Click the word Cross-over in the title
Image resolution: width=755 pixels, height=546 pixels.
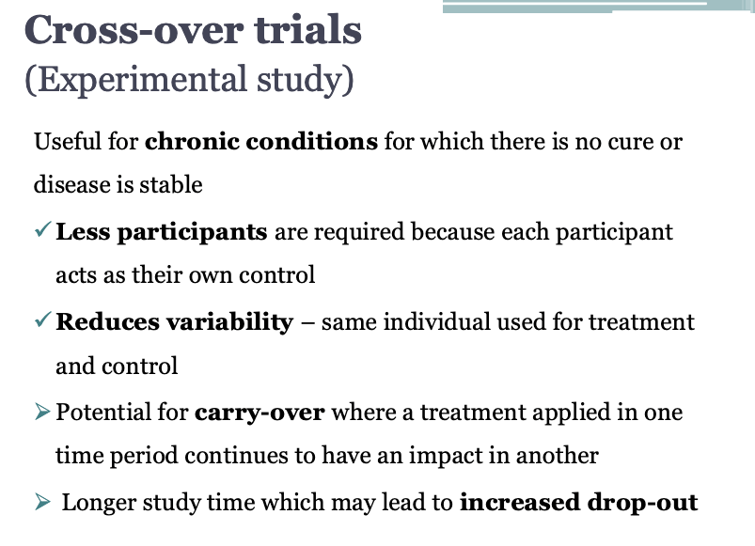click(x=134, y=30)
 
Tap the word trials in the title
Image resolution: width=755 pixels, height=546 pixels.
click(x=308, y=30)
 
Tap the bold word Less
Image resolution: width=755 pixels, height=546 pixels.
click(x=83, y=232)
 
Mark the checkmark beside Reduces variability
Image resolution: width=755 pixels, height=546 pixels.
click(x=43, y=320)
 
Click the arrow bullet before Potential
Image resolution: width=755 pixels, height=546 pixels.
click(x=42, y=412)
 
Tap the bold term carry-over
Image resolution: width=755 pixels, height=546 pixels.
click(x=260, y=413)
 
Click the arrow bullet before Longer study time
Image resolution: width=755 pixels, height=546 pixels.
click(x=42, y=502)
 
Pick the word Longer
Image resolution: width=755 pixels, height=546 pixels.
click(x=99, y=503)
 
